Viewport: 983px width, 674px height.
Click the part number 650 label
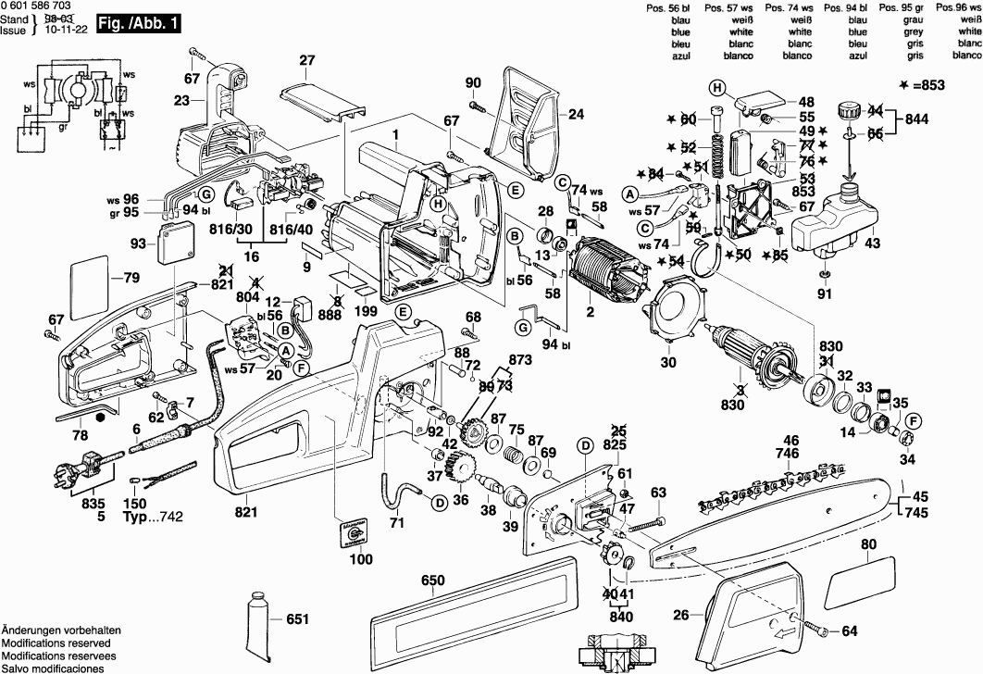point(433,580)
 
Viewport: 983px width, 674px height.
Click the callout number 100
point(362,559)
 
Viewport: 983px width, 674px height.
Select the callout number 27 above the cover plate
point(306,61)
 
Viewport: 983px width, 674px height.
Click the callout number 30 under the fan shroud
point(667,363)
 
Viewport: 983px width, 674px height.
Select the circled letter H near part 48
point(715,88)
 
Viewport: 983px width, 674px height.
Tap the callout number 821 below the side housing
point(246,512)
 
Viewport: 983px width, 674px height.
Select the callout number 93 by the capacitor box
point(139,244)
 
